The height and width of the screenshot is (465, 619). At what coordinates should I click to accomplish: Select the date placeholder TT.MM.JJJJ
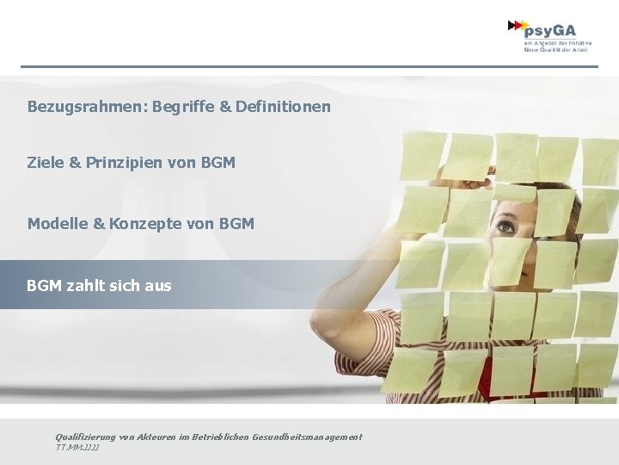pos(77,448)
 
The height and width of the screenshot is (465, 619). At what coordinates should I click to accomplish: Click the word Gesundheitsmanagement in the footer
pos(307,437)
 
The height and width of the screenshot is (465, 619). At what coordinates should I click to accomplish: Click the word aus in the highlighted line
pos(158,285)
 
